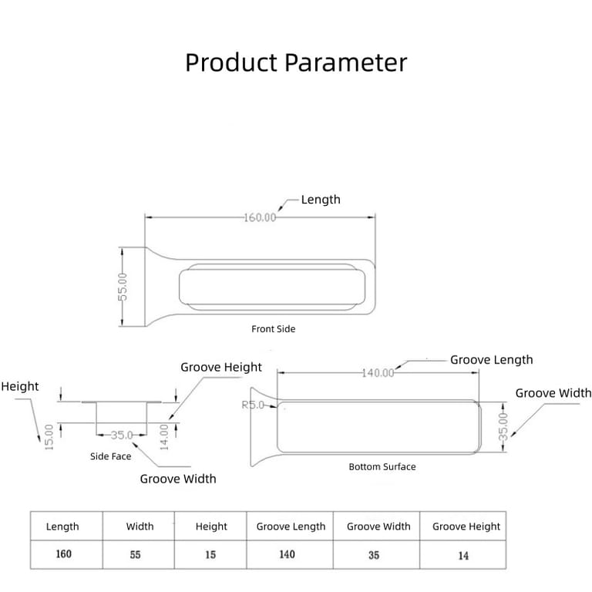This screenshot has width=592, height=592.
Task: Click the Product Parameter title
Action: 296,62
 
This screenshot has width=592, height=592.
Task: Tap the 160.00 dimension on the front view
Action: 260,217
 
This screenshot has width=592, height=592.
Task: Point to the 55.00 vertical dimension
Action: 122,288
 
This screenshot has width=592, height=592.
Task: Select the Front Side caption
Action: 273,329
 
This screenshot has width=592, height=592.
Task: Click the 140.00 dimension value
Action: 378,372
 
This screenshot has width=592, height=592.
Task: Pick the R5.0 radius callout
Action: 253,405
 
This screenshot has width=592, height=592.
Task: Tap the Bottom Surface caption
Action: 382,467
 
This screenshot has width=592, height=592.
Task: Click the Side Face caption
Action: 110,456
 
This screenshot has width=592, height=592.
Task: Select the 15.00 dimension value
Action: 49,438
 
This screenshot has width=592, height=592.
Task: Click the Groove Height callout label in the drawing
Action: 221,368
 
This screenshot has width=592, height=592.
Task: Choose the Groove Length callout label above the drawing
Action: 491,360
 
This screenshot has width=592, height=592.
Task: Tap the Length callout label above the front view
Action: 320,200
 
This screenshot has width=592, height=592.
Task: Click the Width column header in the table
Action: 140,526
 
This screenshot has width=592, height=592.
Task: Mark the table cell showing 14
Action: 462,555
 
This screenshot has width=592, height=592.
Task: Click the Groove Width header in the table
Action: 378,526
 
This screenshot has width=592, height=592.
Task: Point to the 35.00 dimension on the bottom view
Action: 503,426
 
